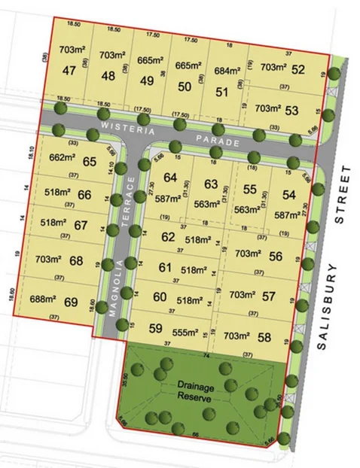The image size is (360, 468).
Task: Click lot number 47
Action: coord(70,71)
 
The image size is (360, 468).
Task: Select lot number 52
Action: coord(297,70)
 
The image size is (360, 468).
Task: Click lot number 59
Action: coord(156,328)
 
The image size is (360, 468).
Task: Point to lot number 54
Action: coord(289,195)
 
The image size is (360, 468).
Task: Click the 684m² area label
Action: coord(226,71)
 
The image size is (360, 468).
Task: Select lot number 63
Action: coord(211,183)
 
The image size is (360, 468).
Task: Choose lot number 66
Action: coord(84,195)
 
